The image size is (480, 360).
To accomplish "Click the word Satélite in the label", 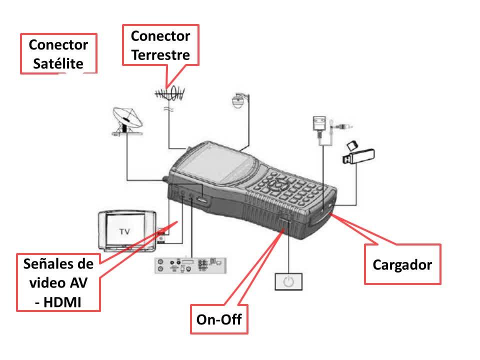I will tap(58, 64).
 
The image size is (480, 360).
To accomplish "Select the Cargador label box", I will tap(402, 264).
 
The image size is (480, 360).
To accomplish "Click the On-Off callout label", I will tap(219, 319).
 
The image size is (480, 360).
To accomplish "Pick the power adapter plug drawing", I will tap(318, 123).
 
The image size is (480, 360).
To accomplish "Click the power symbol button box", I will tap(287, 281).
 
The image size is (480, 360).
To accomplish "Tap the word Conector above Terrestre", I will tap(160, 36).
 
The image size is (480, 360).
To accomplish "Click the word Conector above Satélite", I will tap(58, 45).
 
